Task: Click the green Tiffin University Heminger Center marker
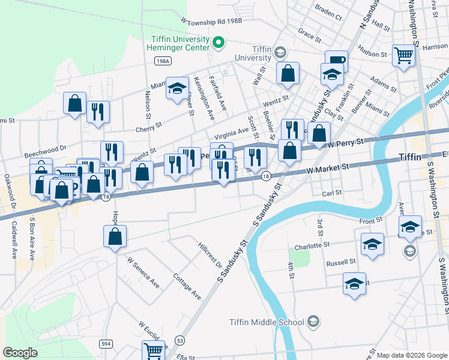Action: tap(218, 43)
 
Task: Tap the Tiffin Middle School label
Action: tap(267, 322)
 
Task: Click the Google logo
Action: tap(21, 352)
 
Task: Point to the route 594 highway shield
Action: tap(106, 343)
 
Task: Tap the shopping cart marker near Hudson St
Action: tap(404, 56)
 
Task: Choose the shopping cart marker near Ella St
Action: tap(154, 350)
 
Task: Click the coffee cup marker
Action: tap(336, 60)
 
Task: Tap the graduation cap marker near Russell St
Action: tap(354, 284)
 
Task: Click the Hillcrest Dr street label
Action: tap(210, 256)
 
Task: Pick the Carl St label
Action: tap(331, 193)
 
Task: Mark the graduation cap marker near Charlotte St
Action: tap(372, 244)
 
